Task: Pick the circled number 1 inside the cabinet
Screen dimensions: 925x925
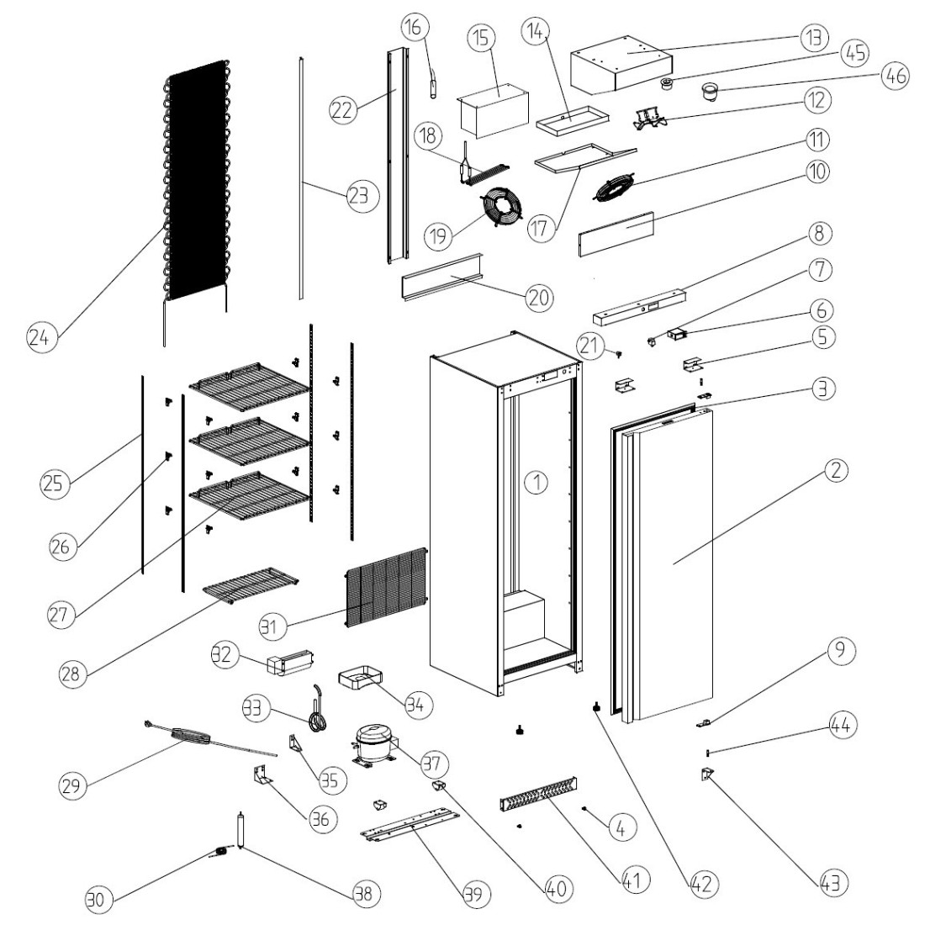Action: pyautogui.click(x=536, y=481)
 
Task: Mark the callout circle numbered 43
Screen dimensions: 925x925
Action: pyautogui.click(x=832, y=882)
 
